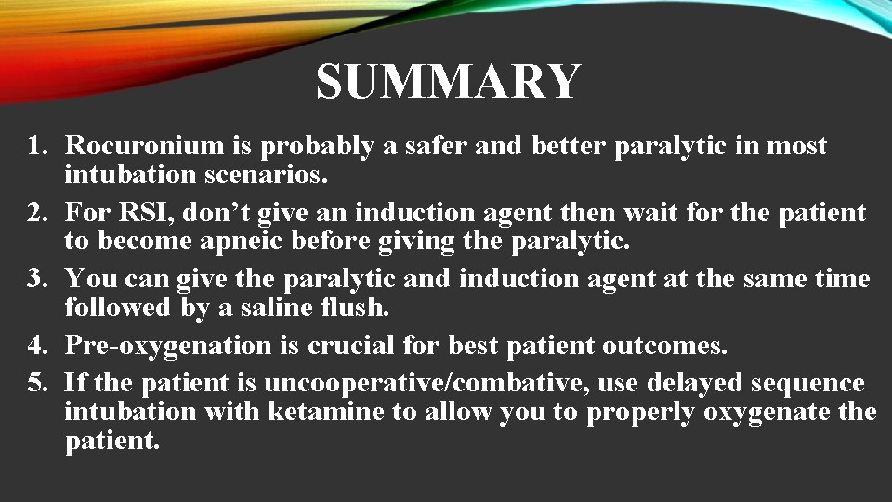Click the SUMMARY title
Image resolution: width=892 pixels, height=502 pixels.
click(448, 82)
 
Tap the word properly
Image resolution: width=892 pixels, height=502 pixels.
click(639, 412)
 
